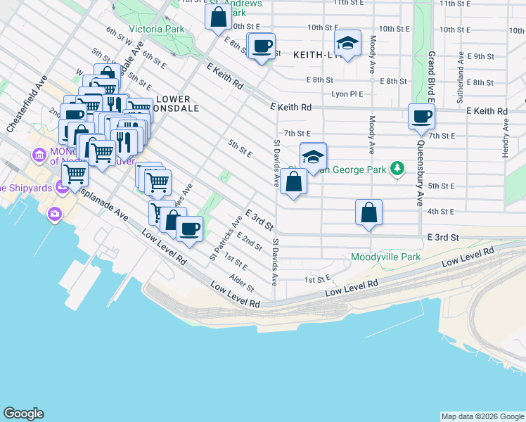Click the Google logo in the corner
[24, 414]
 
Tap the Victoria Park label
[156, 30]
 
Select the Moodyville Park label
[385, 257]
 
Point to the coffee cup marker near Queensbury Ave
[421, 116]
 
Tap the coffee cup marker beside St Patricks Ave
[188, 229]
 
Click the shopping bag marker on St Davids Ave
[293, 182]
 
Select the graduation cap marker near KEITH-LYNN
[347, 43]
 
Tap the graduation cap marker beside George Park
[313, 156]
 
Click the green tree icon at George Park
[397, 168]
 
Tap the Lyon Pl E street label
[347, 94]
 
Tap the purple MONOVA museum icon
[39, 153]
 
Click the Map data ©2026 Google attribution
[482, 416]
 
